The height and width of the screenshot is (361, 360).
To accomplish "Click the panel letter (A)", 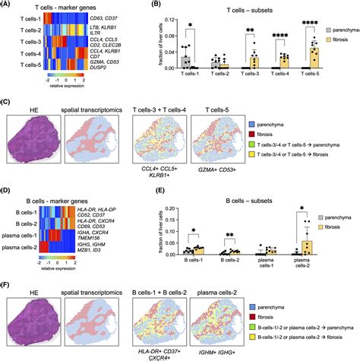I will [x=8, y=6].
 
